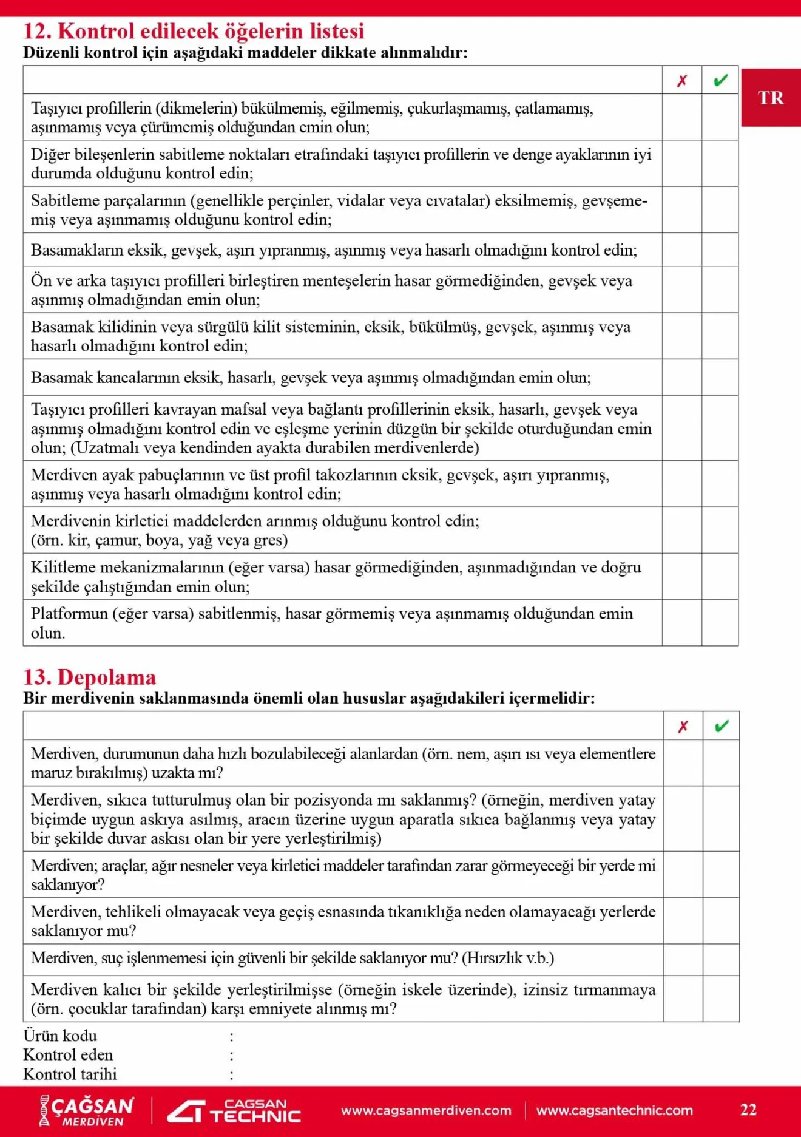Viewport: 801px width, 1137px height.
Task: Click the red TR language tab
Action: point(771,98)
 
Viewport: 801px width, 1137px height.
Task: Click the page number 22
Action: point(748,1110)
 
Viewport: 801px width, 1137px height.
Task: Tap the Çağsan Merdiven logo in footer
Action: point(86,1111)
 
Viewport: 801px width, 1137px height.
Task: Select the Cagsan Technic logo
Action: point(234,1111)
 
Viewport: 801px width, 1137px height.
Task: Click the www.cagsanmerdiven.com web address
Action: point(426,1110)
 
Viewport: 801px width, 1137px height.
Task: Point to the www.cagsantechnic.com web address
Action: point(614,1110)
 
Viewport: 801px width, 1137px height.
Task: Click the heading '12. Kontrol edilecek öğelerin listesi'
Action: point(194,31)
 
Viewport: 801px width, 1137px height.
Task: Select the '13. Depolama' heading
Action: point(89,677)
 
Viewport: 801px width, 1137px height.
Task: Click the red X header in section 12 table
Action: point(682,80)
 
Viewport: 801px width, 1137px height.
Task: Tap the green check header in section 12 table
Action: point(720,80)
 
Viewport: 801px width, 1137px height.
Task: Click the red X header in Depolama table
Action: point(683,726)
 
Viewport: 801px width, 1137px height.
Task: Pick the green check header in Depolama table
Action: point(722,726)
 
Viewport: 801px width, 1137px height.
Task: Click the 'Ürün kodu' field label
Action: point(60,1036)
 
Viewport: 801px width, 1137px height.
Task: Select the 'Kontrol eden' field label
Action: point(68,1055)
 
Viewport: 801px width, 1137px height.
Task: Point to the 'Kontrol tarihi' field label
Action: point(70,1074)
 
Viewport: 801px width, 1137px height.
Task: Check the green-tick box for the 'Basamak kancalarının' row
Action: point(720,377)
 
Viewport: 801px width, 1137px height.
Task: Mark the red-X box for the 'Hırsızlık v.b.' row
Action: point(683,959)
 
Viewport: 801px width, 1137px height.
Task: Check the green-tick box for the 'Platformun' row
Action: point(720,623)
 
